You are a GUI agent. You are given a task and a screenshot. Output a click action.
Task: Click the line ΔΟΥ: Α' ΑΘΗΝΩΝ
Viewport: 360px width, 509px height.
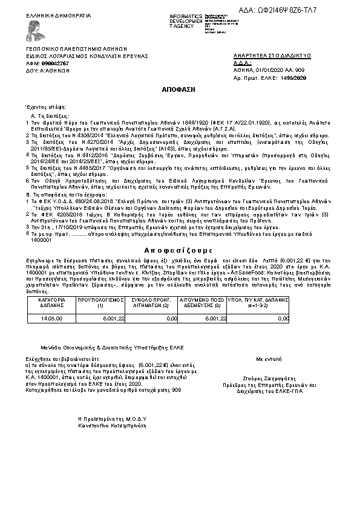pyautogui.click(x=47, y=70)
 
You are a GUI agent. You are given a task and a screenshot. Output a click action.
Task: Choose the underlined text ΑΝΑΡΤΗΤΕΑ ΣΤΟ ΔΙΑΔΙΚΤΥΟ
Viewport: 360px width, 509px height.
pyautogui.click(x=272, y=56)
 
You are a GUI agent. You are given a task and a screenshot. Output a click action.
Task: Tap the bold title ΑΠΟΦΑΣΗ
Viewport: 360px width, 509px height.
pyautogui.click(x=179, y=89)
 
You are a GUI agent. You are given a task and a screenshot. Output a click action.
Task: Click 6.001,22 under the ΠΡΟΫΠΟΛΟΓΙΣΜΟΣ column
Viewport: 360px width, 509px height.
pyautogui.click(x=114, y=317)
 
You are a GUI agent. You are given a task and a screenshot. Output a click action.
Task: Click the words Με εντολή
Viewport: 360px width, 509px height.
pyautogui.click(x=269, y=358)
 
